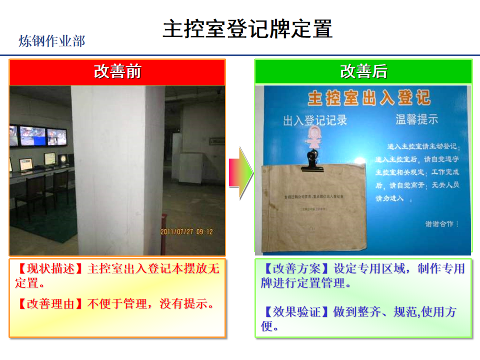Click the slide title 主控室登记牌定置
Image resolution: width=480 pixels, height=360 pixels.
(247, 29)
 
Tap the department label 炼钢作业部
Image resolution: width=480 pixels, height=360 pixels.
(52, 41)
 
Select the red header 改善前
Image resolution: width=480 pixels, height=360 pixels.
(117, 72)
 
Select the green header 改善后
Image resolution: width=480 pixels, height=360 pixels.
(363, 72)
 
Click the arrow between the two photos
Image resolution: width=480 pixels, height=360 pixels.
(240, 173)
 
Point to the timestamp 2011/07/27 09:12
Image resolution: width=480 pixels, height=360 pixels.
(186, 232)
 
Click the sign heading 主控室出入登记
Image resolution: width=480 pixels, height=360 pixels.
(369, 98)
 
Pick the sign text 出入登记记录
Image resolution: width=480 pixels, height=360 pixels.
(314, 120)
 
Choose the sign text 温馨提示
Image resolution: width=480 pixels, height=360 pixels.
(416, 119)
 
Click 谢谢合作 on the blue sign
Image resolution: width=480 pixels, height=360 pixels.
(441, 224)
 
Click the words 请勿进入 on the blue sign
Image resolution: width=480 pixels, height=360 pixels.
(393, 198)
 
